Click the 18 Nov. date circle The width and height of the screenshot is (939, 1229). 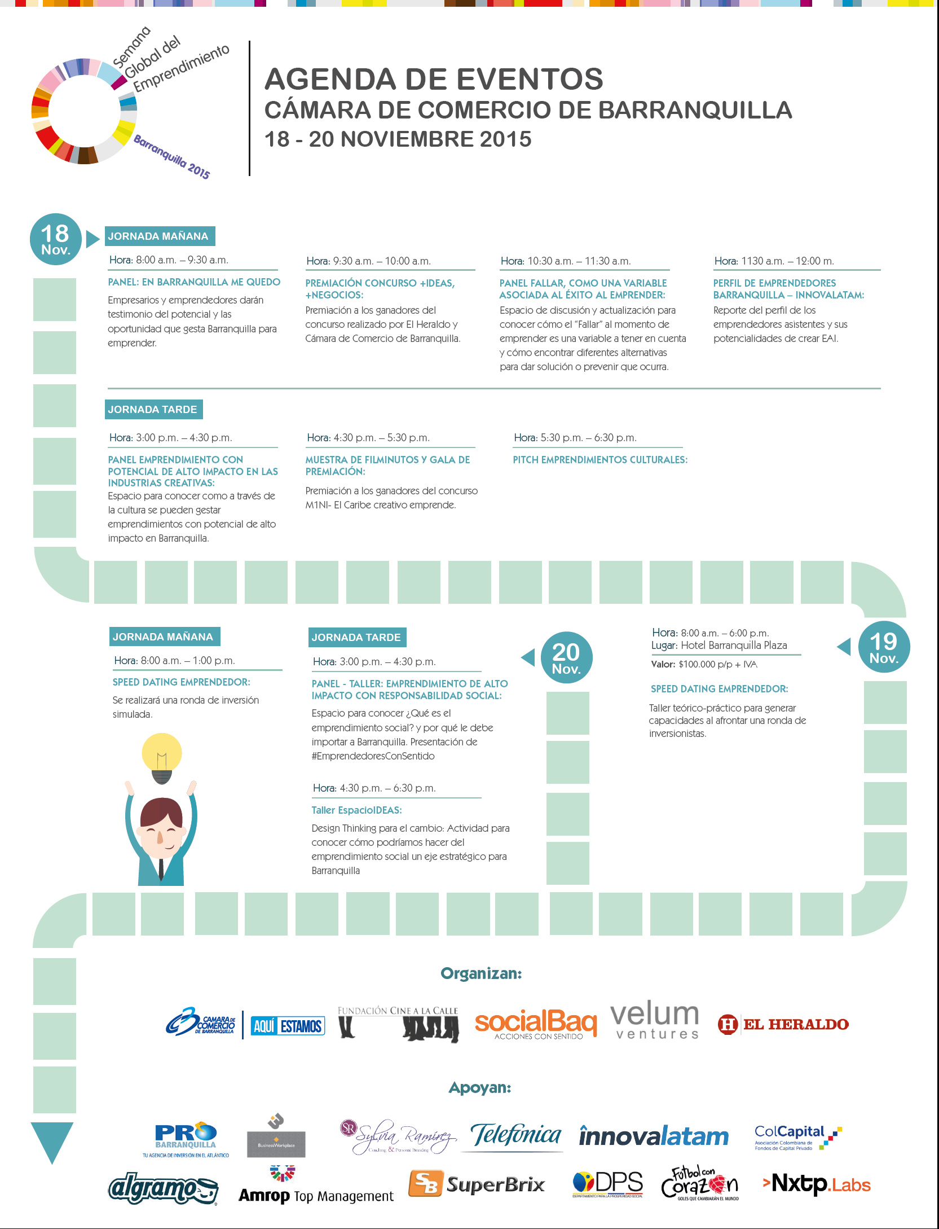[x=55, y=240]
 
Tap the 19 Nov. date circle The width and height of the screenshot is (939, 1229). [x=883, y=647]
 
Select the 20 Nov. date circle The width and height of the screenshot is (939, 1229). [x=566, y=657]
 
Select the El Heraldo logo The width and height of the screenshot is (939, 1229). [x=783, y=1024]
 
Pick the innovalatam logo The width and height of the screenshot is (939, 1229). [x=654, y=1136]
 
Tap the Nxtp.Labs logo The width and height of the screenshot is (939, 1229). [x=817, y=1183]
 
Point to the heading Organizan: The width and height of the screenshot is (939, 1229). [x=481, y=973]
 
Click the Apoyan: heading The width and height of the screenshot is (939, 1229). [x=480, y=1087]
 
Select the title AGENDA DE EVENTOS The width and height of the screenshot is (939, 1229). [x=434, y=79]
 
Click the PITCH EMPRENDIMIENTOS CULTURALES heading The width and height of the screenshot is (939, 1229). [x=600, y=460]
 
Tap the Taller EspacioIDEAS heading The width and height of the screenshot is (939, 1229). [x=356, y=810]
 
